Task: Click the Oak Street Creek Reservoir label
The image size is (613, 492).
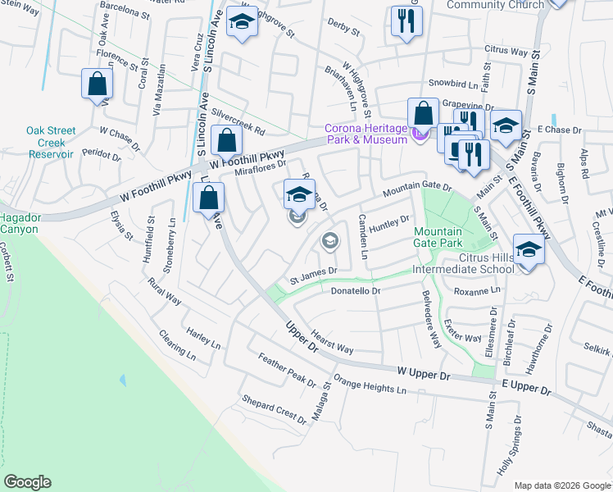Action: (51, 142)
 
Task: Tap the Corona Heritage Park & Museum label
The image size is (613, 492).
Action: (366, 134)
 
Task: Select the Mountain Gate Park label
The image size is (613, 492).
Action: (438, 237)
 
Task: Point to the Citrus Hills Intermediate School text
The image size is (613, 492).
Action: (463, 264)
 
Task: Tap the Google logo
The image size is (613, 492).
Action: (27, 482)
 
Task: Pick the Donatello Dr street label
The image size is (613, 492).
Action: (356, 291)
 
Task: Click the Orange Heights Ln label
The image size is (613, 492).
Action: (370, 386)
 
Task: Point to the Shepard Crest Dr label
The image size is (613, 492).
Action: (273, 408)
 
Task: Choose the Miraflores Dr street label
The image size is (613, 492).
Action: (259, 167)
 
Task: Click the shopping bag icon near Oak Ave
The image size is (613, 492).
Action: (97, 84)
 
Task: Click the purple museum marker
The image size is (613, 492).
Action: (420, 134)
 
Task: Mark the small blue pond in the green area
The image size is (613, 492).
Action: (122, 380)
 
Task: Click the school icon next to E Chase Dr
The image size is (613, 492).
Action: (506, 125)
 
